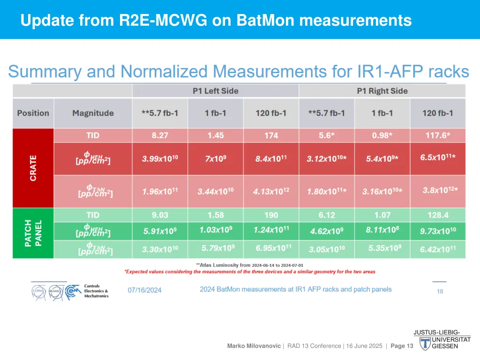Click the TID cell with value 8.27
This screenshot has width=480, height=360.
tap(160, 135)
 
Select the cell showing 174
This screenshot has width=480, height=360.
tap(271, 135)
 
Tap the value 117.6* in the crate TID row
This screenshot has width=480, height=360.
tap(438, 135)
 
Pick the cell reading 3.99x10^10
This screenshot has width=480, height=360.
tap(160, 159)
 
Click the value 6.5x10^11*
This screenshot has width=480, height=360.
tap(438, 157)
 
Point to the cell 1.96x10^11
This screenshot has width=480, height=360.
tap(160, 191)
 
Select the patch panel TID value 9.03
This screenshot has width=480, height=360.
tap(160, 215)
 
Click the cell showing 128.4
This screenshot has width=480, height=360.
tap(438, 215)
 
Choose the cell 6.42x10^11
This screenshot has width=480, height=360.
tap(438, 249)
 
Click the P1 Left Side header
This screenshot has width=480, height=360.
tap(215, 91)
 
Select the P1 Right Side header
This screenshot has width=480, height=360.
tap(382, 91)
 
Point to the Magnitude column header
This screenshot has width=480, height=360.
tap(93, 113)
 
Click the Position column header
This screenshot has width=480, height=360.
tap(33, 113)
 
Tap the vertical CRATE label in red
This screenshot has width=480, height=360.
tap(33, 168)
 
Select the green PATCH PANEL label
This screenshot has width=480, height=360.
tap(33, 233)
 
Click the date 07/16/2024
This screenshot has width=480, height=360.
tap(144, 290)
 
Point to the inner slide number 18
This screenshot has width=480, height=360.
tap(440, 291)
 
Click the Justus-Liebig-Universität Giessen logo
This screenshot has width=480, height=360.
tap(441, 340)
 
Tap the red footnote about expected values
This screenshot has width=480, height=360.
tap(249, 271)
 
